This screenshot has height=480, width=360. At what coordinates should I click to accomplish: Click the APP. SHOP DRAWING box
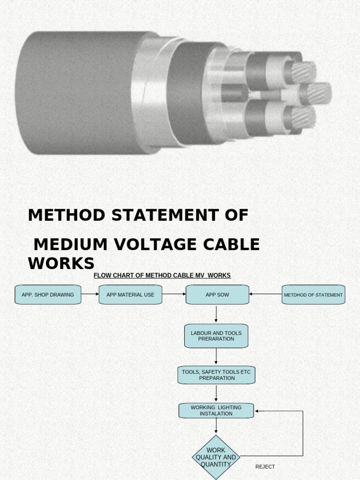click(48, 295)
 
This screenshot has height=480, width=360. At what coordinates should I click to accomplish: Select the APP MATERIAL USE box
click(130, 295)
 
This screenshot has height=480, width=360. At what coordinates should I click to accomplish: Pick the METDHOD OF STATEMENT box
click(313, 295)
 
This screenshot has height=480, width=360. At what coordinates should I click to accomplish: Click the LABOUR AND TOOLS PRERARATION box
click(216, 336)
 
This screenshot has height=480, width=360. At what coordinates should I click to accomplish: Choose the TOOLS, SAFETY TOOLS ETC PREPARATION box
click(216, 375)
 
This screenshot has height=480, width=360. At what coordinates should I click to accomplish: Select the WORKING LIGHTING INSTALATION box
click(216, 411)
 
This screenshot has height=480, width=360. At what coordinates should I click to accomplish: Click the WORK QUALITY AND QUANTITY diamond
click(216, 457)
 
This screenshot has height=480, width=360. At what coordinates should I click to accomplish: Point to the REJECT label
click(265, 467)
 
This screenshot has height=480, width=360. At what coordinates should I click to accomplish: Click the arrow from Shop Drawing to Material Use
click(90, 294)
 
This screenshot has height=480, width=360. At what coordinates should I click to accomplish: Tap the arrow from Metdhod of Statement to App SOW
click(265, 294)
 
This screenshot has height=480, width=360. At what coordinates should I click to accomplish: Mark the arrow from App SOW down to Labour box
click(216, 314)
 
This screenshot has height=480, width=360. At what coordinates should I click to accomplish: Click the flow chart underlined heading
click(162, 276)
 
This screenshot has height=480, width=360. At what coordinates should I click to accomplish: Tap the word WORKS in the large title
click(61, 263)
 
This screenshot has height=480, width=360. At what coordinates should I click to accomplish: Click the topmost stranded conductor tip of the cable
click(304, 72)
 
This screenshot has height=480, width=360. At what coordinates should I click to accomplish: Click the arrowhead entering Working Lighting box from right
click(258, 411)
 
